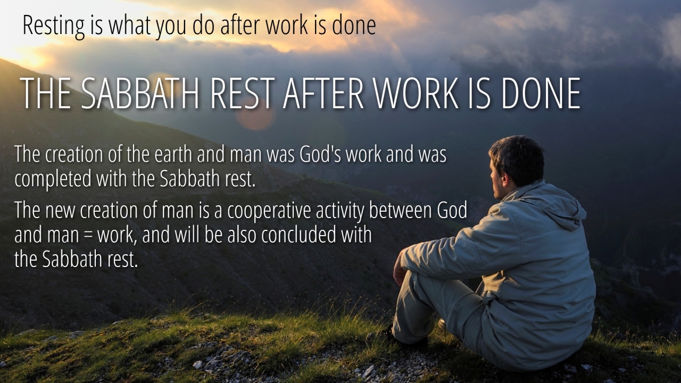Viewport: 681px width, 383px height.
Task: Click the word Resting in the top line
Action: click(54, 26)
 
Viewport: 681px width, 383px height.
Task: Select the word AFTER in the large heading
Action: click(323, 93)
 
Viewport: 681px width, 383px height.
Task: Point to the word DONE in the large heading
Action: click(541, 93)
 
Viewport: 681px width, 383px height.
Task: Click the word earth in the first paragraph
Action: click(173, 154)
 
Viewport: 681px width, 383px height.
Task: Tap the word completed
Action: click(53, 179)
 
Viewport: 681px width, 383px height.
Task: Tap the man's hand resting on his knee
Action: click(400, 271)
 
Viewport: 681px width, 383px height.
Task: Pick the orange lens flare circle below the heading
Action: click(255, 114)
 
